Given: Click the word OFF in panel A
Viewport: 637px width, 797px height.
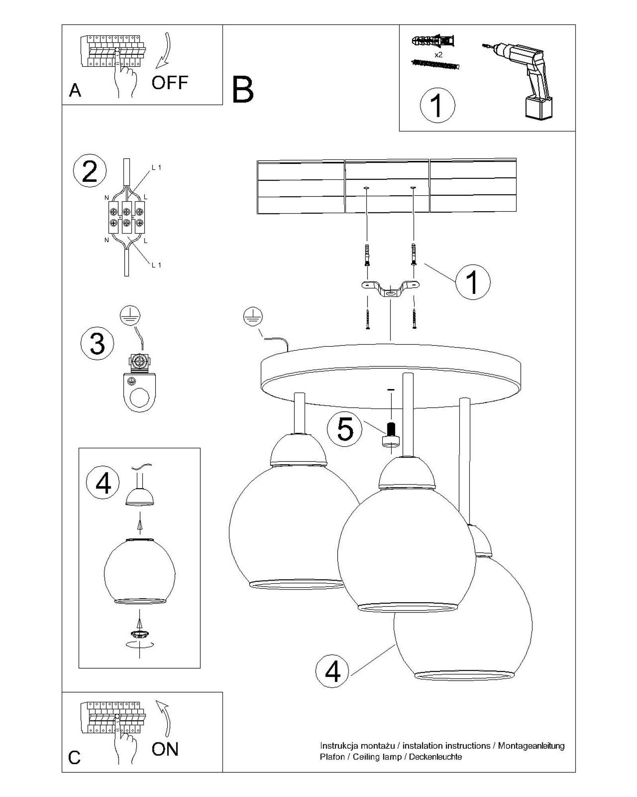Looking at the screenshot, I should (x=170, y=82).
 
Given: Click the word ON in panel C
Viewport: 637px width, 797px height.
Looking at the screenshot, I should (x=165, y=749).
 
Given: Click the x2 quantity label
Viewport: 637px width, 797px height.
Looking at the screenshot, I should (x=438, y=55).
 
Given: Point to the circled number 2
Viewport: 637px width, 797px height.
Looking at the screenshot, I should (x=90, y=171).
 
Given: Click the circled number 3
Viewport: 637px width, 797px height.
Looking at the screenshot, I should (x=97, y=343).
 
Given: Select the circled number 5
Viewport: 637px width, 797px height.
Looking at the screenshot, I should (x=345, y=429).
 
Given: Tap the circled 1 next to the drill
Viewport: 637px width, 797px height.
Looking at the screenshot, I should (x=437, y=106).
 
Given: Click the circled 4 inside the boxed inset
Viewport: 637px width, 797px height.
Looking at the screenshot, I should (x=103, y=483).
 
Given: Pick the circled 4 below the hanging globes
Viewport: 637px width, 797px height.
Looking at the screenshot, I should (x=332, y=671).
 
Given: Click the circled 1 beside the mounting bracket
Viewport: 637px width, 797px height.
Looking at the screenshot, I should (x=473, y=282).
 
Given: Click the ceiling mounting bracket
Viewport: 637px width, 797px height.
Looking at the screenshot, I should (x=390, y=289).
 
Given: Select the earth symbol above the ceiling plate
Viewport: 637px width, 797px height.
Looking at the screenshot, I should (x=253, y=317).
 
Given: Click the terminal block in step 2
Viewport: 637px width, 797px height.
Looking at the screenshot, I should (x=127, y=217).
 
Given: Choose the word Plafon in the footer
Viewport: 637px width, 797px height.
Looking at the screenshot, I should (x=332, y=757).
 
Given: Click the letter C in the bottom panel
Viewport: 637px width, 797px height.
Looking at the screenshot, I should (x=74, y=758).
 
